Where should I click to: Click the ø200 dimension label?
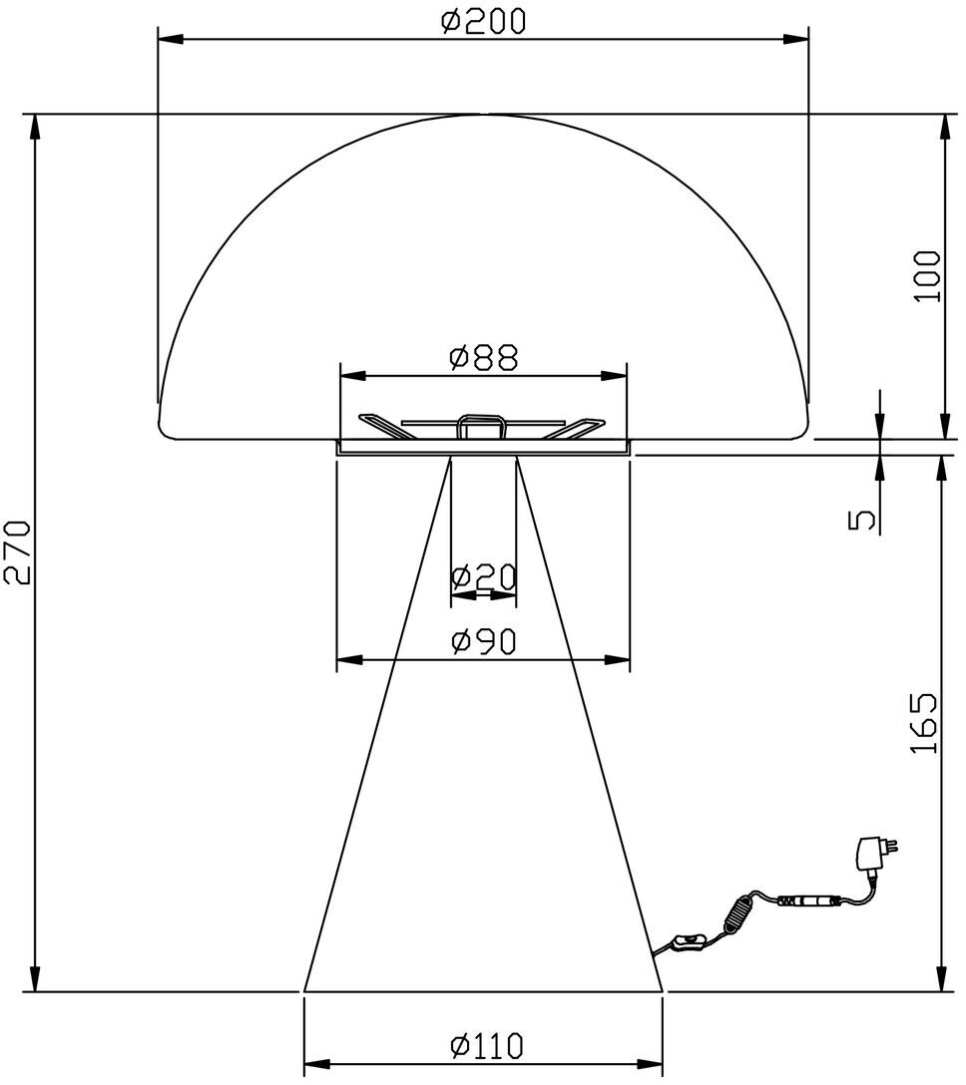click(483, 22)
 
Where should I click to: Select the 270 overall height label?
click(17, 551)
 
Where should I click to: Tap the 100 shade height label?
click(927, 276)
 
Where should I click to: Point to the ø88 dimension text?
click(483, 357)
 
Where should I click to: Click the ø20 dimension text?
click(483, 574)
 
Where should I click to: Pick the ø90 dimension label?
click(483, 641)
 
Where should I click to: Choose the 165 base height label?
click(923, 722)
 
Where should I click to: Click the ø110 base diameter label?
click(487, 1044)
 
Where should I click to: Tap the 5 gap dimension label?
click(863, 520)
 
